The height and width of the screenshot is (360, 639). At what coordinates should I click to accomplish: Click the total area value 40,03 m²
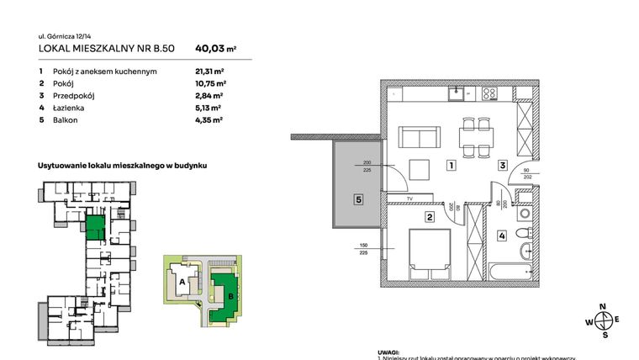[x=215, y=50]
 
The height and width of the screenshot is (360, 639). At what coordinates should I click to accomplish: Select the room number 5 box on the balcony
[x=357, y=200]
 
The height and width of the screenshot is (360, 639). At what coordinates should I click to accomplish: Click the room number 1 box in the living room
[x=452, y=166]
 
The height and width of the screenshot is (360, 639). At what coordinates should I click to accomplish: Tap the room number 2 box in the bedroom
[x=429, y=218]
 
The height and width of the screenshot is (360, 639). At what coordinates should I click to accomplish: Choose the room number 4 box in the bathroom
[x=502, y=236]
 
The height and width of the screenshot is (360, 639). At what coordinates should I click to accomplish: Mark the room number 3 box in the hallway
[x=502, y=166]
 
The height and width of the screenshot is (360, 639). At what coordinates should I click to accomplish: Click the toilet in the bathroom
[x=523, y=231]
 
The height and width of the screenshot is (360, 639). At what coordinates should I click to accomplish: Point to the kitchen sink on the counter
[x=457, y=94]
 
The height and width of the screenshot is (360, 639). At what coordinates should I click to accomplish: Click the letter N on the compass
[x=601, y=307]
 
